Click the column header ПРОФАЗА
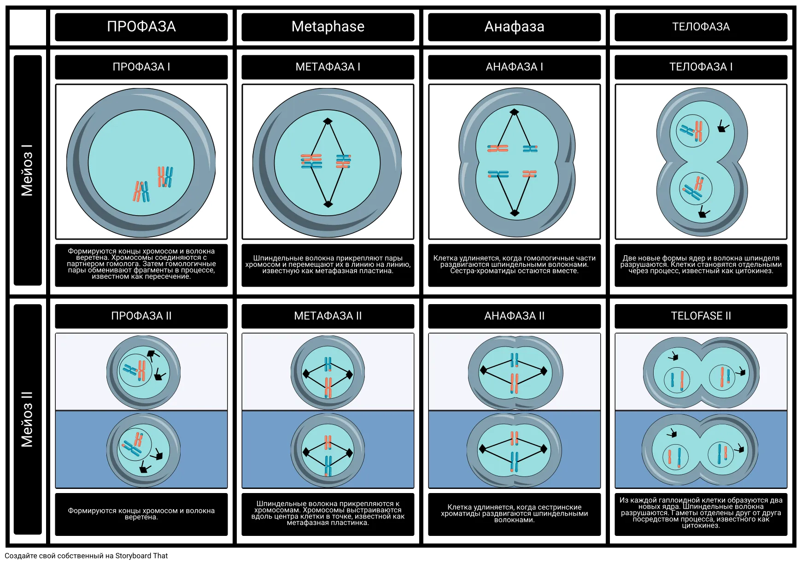coord(141,27)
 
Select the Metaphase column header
coord(328,27)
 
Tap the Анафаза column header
coord(515,27)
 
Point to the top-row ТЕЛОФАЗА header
coord(701,27)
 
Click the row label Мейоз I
coord(27,170)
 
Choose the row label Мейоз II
coord(27,419)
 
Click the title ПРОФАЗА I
coord(141,67)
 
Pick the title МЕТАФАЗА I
coord(328,67)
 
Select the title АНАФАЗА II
coord(515,316)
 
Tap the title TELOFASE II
coord(701,316)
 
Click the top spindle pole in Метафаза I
coord(328,121)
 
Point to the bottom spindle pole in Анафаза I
coord(515,213)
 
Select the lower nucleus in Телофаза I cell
coord(696,188)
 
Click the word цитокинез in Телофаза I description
coord(752,271)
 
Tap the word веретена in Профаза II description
coord(141,517)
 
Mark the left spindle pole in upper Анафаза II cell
coord(483,370)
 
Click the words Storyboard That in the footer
coord(141,556)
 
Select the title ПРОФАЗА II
coord(141,316)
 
